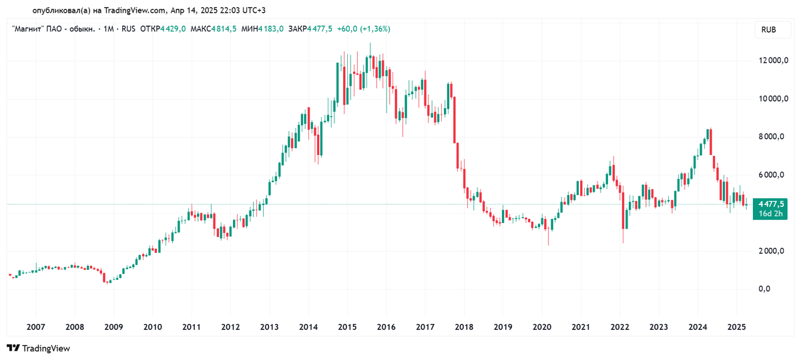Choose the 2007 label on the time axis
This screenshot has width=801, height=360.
click(35, 327)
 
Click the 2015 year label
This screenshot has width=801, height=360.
click(347, 327)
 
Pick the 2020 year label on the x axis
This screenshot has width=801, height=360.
click(541, 327)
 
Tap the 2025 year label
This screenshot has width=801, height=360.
click(736, 327)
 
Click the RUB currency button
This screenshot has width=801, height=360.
click(768, 30)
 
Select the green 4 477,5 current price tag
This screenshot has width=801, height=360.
click(771, 204)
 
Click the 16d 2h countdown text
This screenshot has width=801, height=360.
click(771, 214)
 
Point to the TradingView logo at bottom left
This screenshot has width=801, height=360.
click(38, 348)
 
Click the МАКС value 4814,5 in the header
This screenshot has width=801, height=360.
click(226, 29)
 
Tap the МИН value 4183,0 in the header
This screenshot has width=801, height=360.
click(271, 29)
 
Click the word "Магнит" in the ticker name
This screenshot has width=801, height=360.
click(29, 29)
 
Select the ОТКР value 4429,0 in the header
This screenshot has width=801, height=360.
click(174, 29)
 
